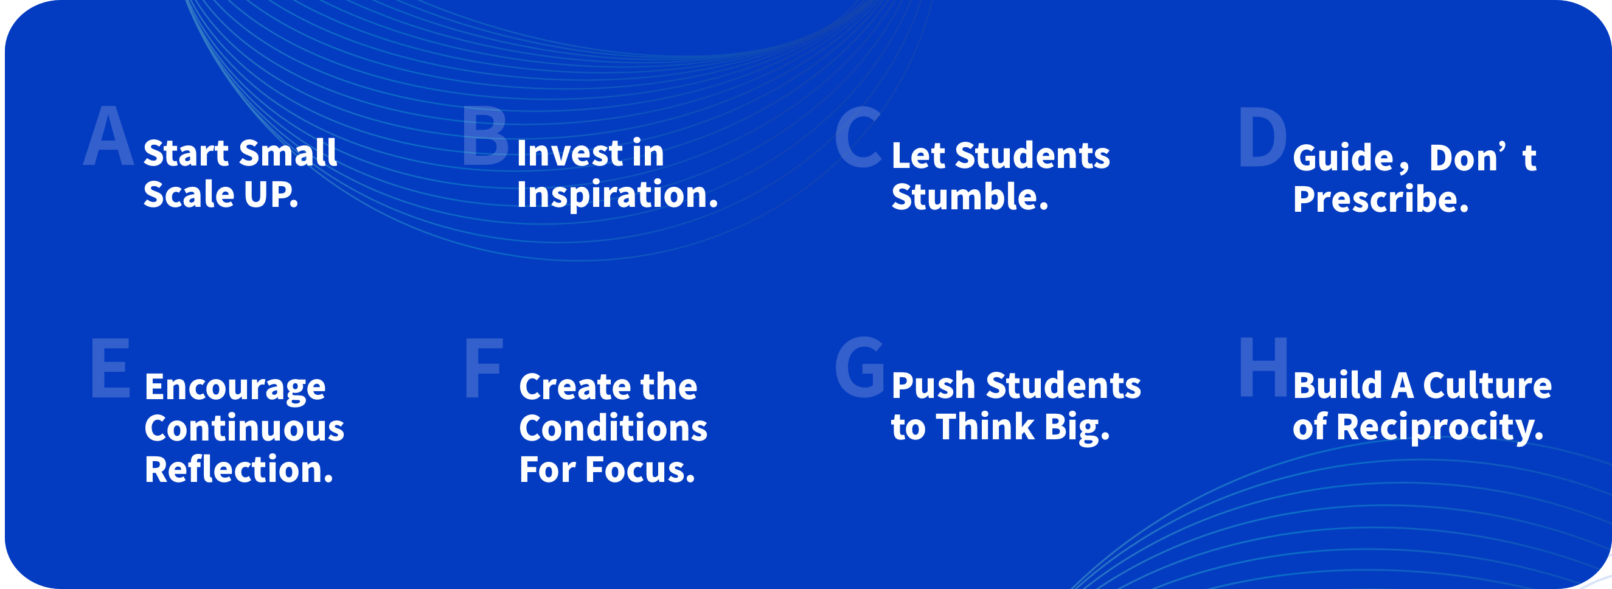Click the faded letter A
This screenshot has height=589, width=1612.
pos(109,136)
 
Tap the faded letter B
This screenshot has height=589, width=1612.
pos(485,136)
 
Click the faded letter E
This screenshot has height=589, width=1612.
pos(111,368)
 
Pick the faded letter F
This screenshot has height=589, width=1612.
pos(484,368)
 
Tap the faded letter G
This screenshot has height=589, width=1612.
pos(860,368)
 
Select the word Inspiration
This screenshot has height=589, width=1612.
pos(617,195)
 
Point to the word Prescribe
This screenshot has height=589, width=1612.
pos(1380,200)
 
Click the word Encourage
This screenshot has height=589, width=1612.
pos(235,388)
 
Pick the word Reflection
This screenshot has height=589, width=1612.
pos(239,470)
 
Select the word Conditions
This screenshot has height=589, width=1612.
pos(613,429)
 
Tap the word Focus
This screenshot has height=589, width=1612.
pos(640,470)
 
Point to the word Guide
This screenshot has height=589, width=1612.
pos(1343,158)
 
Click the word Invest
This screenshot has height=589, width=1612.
pos(570,153)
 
